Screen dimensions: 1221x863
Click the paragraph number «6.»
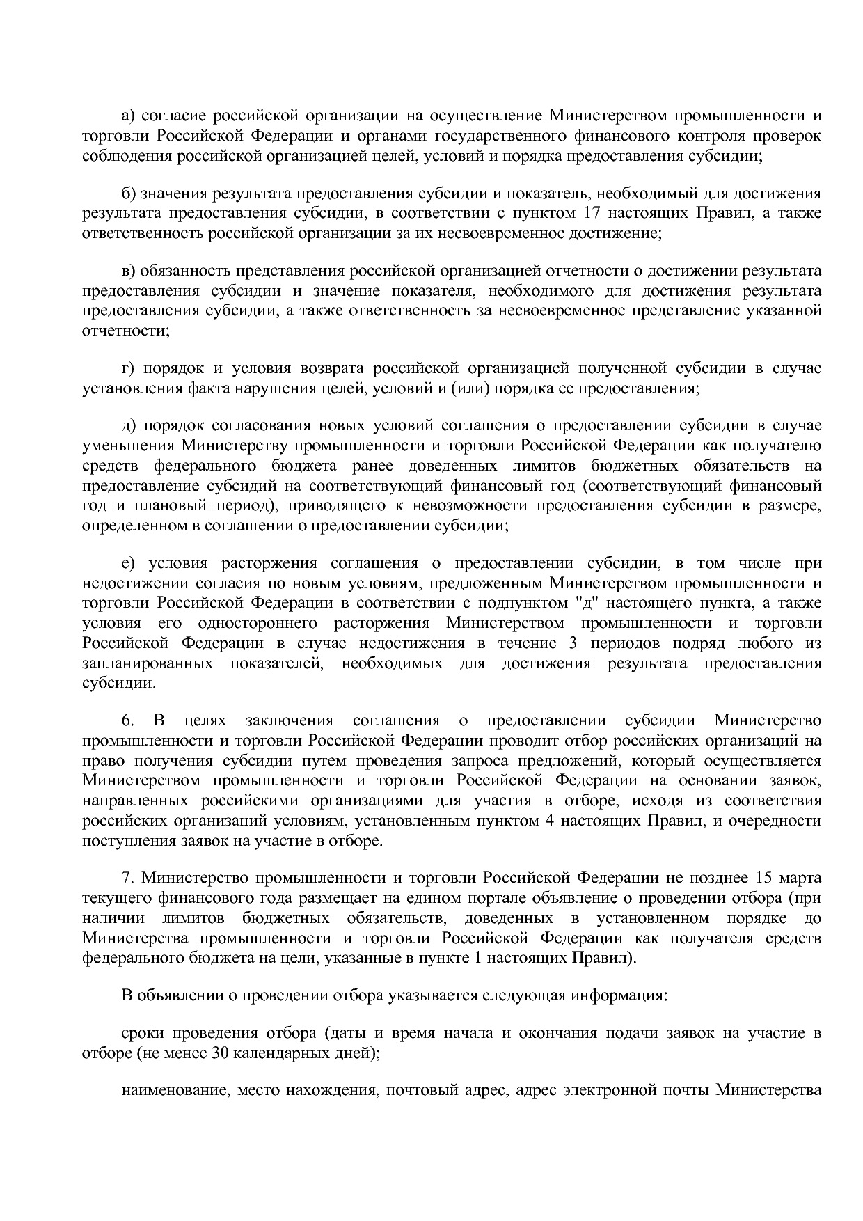click(x=128, y=720)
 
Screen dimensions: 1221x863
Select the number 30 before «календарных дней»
click(x=218, y=1053)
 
